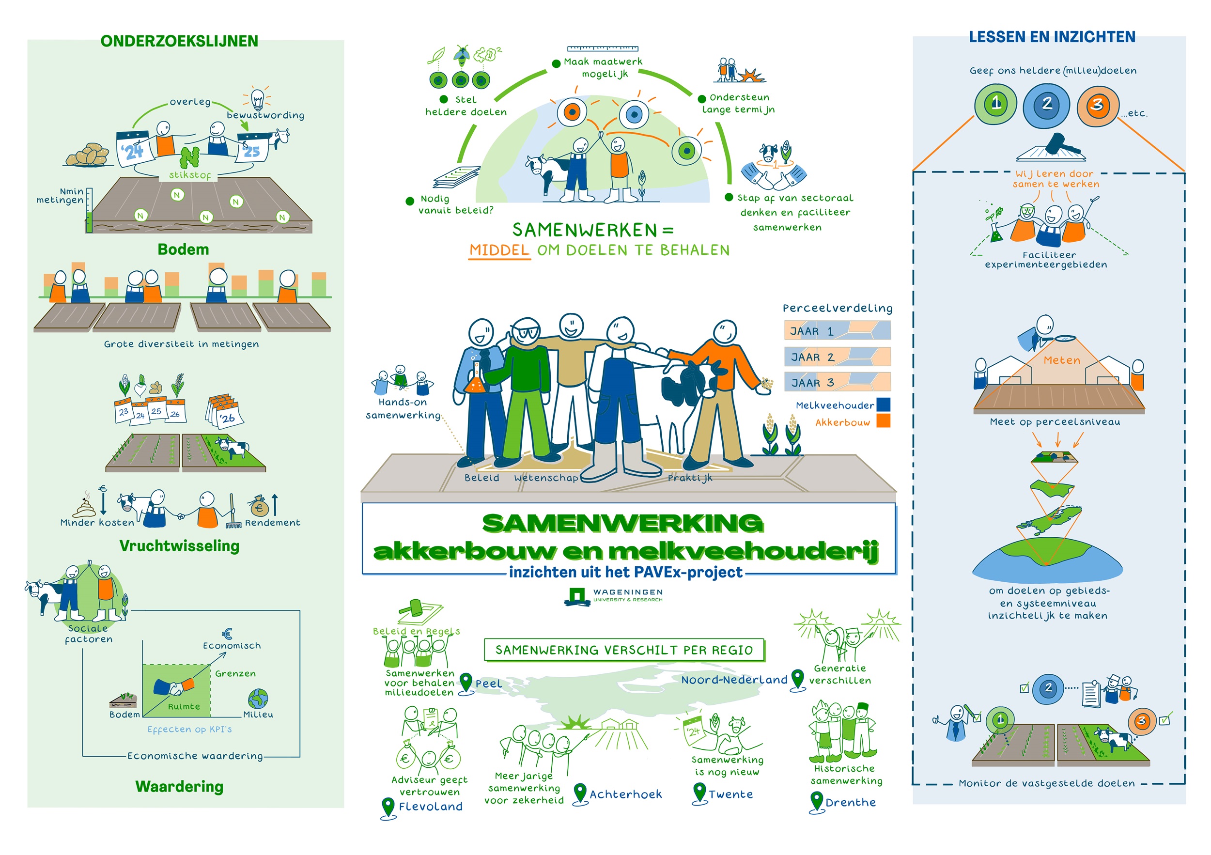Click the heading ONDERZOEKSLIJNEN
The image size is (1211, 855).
(x=179, y=41)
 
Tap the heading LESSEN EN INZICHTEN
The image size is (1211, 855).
(x=1052, y=37)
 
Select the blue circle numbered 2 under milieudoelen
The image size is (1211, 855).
(x=1046, y=105)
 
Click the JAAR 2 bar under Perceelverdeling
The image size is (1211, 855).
(x=837, y=357)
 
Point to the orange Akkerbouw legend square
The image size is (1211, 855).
(x=884, y=421)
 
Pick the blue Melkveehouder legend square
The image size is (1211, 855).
(x=884, y=404)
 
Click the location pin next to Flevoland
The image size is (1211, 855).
(x=388, y=807)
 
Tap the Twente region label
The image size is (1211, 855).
(x=730, y=794)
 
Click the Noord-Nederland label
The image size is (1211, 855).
(x=734, y=680)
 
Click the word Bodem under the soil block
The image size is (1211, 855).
(x=183, y=249)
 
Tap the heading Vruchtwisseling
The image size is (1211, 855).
(x=179, y=546)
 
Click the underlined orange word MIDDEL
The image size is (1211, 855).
(x=499, y=250)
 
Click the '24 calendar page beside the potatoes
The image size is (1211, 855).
(x=133, y=150)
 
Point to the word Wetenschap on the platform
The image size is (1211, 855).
(x=546, y=478)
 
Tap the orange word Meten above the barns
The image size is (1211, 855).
(x=1062, y=360)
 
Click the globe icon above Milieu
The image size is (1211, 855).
(x=258, y=699)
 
